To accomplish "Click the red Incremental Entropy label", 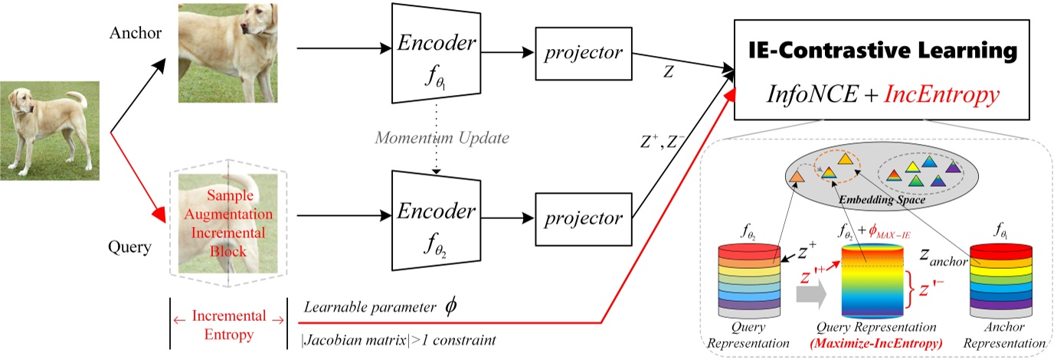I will click(227, 323).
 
